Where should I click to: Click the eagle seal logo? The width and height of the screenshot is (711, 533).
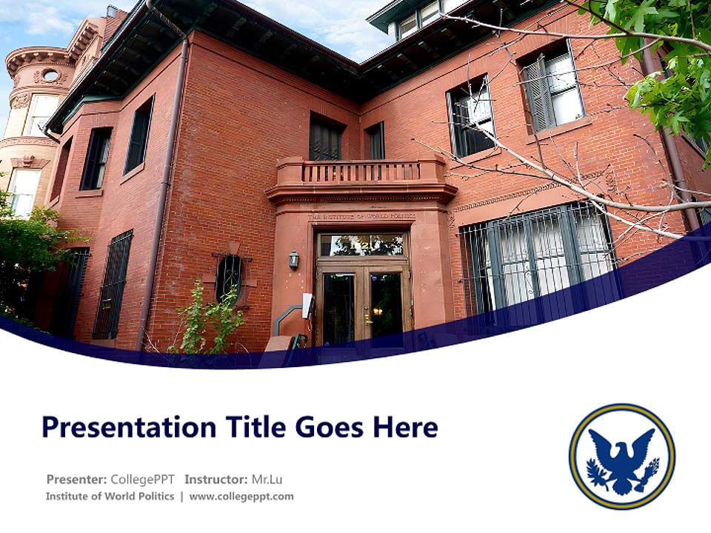621,456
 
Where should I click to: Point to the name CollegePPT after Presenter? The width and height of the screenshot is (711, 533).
143,479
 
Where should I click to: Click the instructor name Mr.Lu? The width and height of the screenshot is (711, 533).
267,479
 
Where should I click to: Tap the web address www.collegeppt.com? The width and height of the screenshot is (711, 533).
241,497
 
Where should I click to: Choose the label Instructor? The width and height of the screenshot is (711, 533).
216,479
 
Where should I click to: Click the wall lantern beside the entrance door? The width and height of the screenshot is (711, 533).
294,259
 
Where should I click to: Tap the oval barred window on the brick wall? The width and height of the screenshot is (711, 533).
229,276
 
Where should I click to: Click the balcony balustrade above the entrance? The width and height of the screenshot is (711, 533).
361,172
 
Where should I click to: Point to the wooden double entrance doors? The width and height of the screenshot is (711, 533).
362,304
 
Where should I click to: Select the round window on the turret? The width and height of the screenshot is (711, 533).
50,75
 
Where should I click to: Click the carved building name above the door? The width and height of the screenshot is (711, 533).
361,216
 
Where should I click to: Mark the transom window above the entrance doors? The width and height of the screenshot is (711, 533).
362,244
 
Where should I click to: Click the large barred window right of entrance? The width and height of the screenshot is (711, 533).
537,255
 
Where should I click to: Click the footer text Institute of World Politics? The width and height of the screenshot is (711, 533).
110,497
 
